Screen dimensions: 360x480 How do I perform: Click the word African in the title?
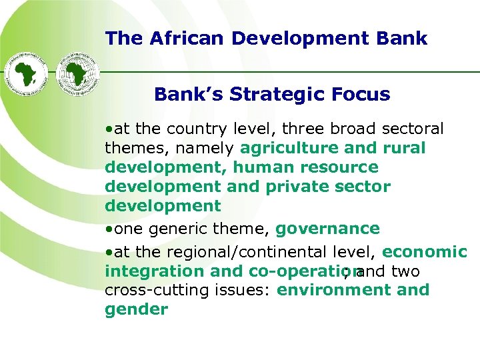175,39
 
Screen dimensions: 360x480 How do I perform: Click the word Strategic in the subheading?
273,95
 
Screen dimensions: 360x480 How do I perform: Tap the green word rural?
404,148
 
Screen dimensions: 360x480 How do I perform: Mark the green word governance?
327,229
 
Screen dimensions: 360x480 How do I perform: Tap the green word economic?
425,252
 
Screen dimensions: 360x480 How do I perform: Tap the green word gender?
136,310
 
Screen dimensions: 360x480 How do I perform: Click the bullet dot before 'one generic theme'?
108,230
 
